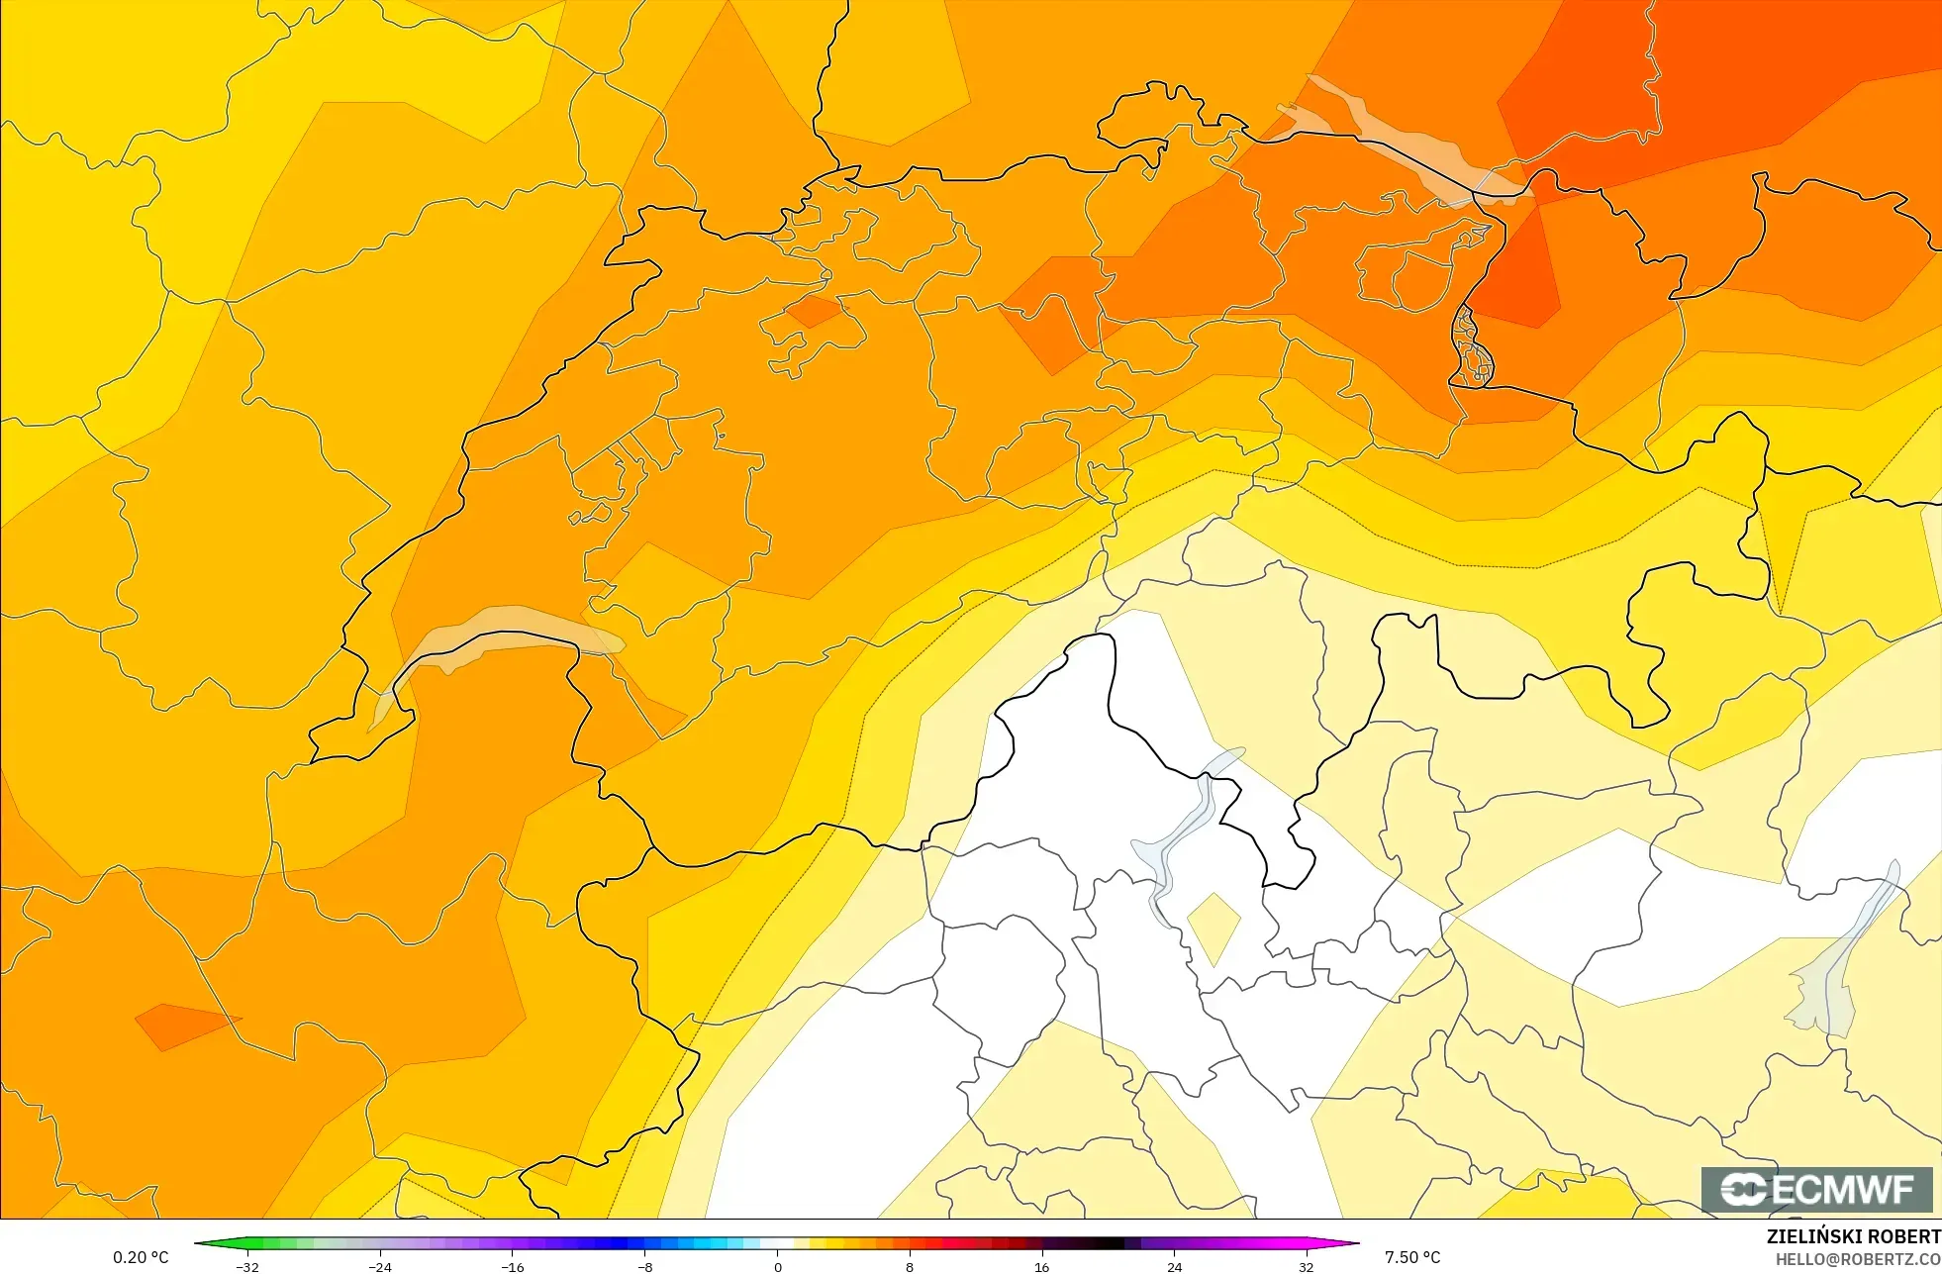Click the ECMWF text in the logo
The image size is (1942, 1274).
click(x=1844, y=1190)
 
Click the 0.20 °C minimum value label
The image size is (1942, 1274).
click(x=141, y=1257)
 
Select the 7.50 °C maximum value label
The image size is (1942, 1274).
click(x=1412, y=1257)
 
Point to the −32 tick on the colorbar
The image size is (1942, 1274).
click(x=247, y=1267)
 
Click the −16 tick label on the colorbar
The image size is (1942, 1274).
click(x=512, y=1267)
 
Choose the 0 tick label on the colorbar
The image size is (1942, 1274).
click(x=777, y=1267)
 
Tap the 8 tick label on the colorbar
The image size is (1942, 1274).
click(x=910, y=1267)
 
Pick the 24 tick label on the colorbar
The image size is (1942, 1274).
click(x=1174, y=1267)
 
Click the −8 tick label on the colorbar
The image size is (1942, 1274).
click(x=644, y=1267)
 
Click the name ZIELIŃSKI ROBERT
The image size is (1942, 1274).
click(x=1853, y=1236)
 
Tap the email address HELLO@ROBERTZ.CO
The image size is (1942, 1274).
click(x=1857, y=1259)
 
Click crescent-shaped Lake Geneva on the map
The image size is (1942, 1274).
click(x=495, y=634)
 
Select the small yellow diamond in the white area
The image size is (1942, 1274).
click(x=1214, y=926)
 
